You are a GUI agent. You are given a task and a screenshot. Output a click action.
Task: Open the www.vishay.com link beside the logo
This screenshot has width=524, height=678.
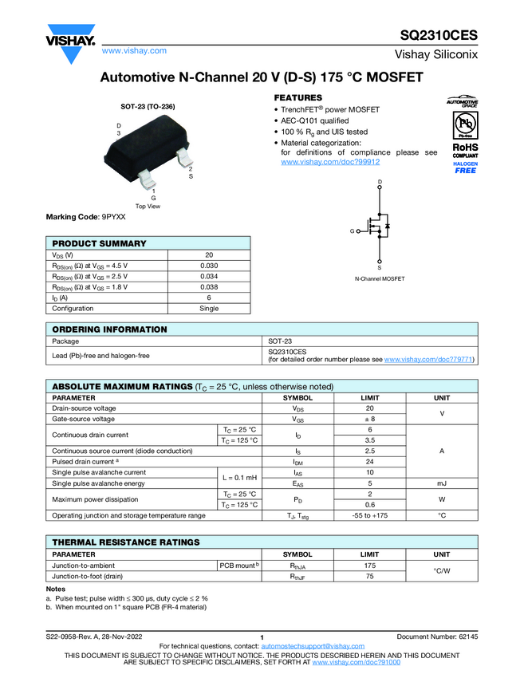pos(134,51)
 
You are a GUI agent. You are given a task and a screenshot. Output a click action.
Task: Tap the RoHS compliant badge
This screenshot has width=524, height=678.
pos(465,151)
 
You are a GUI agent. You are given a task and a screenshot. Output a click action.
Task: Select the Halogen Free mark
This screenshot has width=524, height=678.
pos(465,167)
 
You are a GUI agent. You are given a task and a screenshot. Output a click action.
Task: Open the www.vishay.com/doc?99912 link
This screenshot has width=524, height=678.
pos(319,161)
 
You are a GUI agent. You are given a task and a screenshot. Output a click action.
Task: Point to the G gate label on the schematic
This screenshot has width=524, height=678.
pos(351,231)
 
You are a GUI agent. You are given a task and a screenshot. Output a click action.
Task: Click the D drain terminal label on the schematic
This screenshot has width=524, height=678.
pos(379,183)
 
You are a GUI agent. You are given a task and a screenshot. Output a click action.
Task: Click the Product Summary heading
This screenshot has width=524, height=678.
pos(99,243)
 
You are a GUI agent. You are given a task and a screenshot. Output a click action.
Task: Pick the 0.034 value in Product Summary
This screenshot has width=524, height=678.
pos(209,276)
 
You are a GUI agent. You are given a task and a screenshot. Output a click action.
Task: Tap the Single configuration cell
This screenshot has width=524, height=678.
pos(209,308)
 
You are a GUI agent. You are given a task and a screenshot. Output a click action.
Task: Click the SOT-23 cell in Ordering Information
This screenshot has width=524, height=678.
pos(280,341)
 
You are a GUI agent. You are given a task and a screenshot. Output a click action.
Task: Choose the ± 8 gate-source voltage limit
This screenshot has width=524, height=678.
pos(370,419)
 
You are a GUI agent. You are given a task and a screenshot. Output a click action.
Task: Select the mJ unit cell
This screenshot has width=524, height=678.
pos(441,483)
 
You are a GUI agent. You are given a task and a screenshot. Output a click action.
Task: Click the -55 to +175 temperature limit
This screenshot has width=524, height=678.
pos(370,515)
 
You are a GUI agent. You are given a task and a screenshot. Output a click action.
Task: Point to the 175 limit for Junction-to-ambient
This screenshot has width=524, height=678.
pos(370,566)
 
